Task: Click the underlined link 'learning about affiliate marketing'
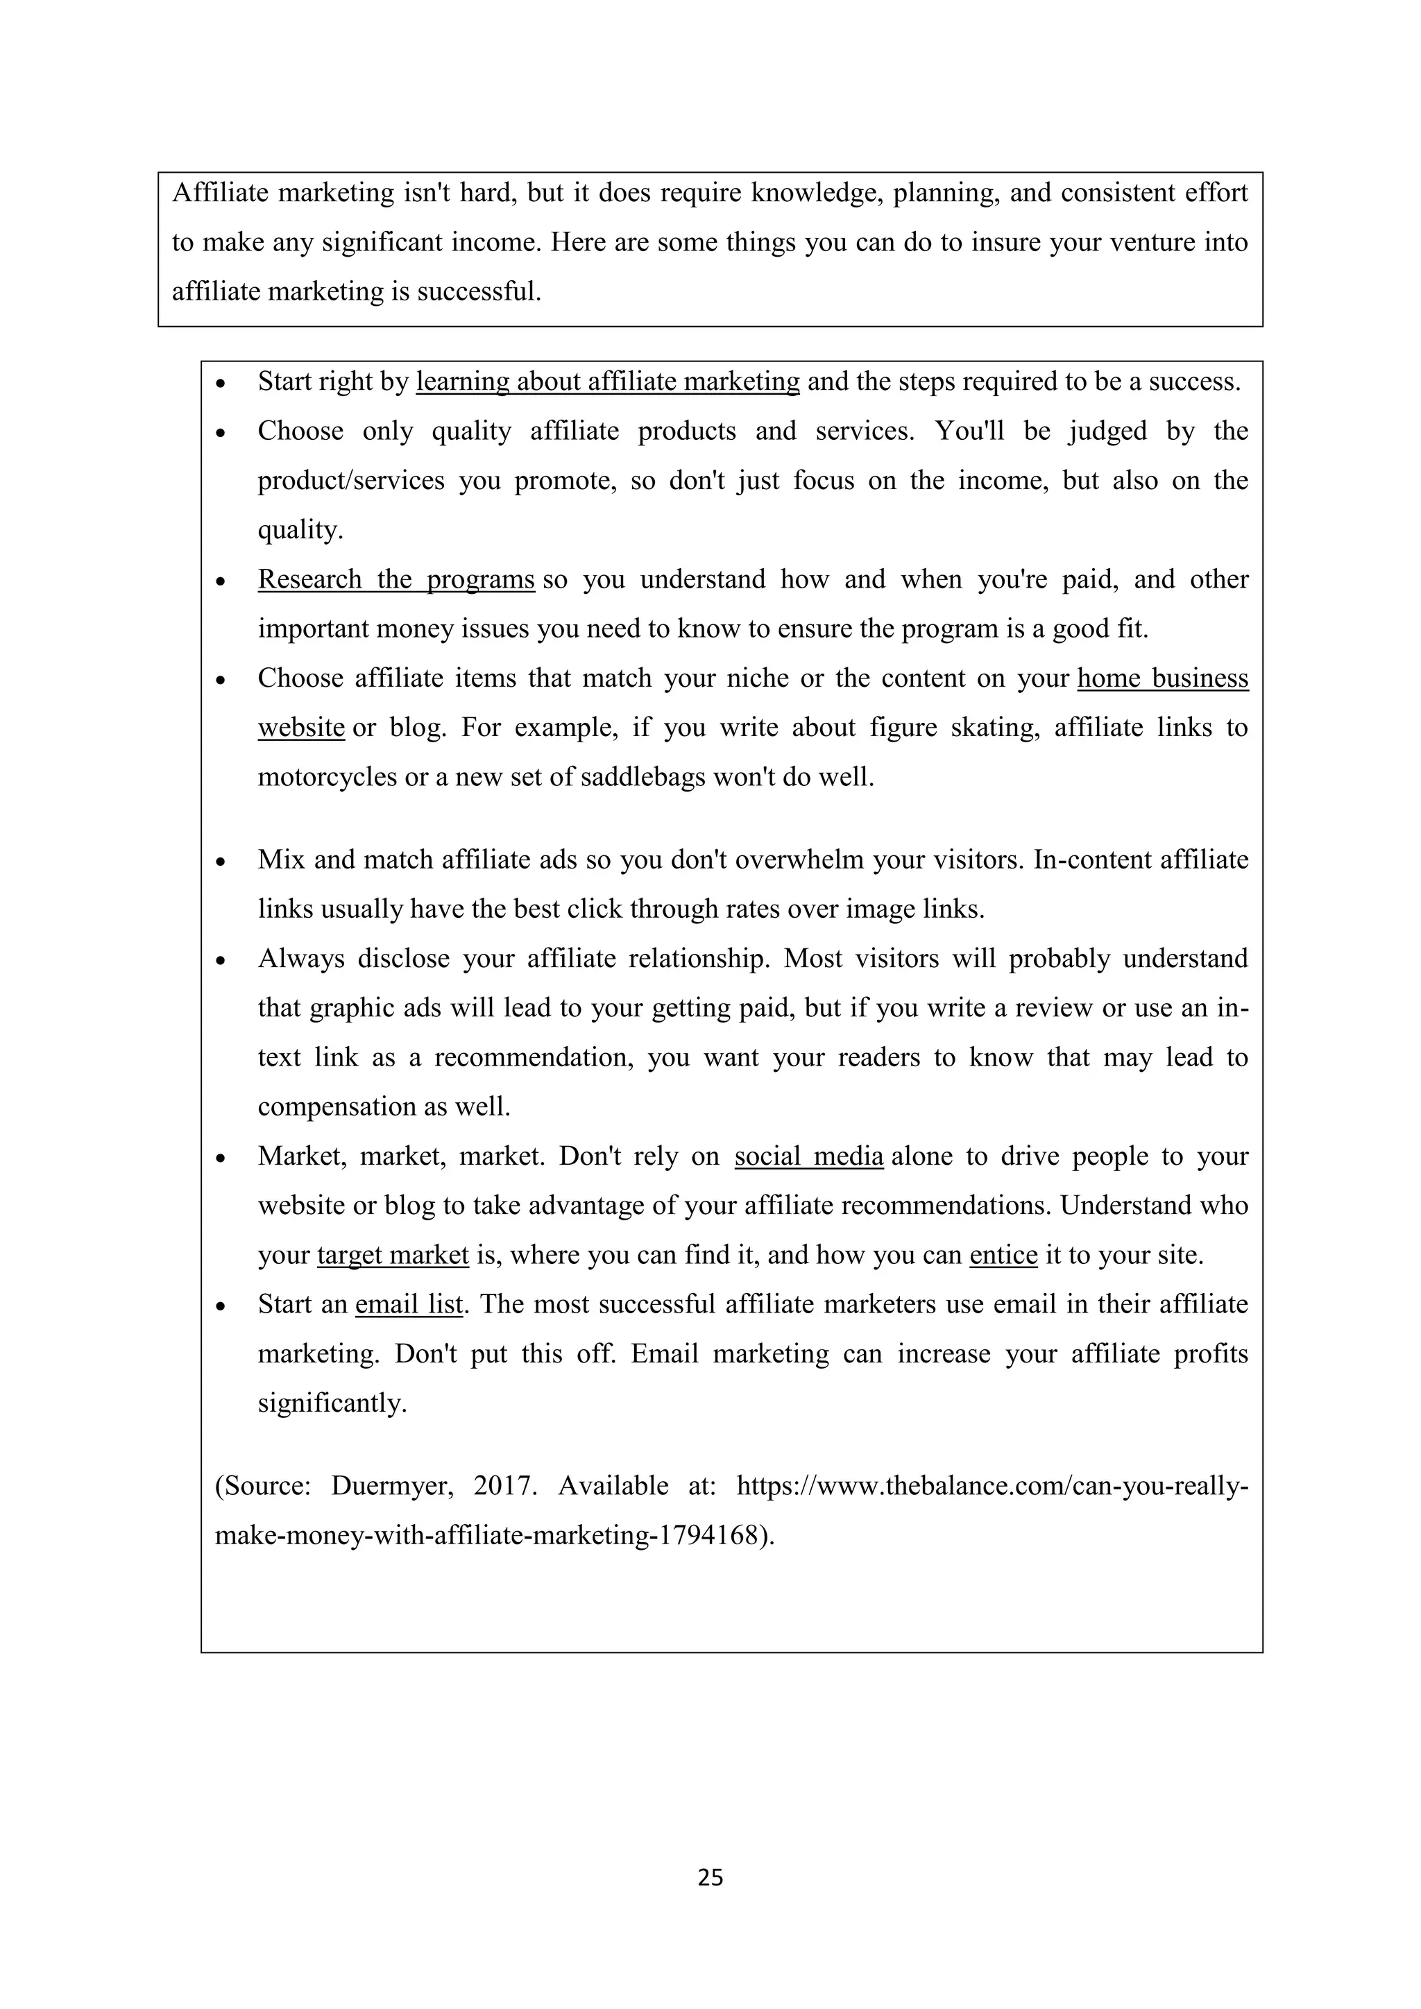click(x=607, y=382)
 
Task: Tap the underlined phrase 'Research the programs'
click(x=395, y=579)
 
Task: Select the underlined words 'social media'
click(x=808, y=1156)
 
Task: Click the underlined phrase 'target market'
click(x=393, y=1255)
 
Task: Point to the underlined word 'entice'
click(x=1003, y=1255)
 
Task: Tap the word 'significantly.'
click(x=332, y=1403)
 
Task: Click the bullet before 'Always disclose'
click(x=222, y=961)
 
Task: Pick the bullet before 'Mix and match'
click(x=222, y=862)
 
